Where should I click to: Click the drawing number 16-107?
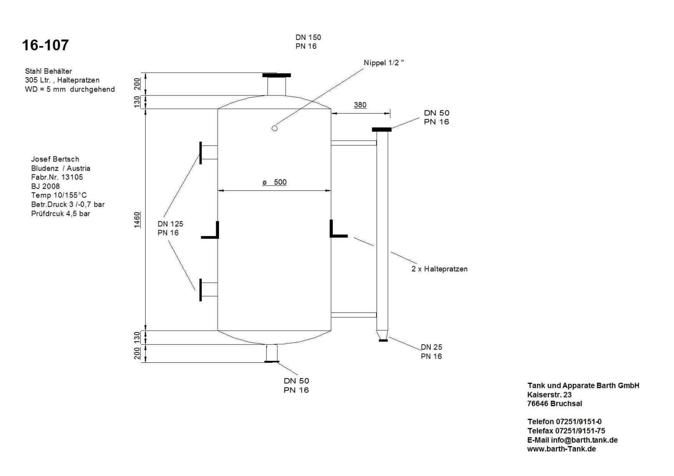[x=45, y=45]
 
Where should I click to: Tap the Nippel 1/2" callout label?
[x=384, y=63]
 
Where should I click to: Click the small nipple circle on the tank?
[x=275, y=128]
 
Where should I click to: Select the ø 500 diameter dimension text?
[x=275, y=182]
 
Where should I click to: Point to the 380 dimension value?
[x=360, y=105]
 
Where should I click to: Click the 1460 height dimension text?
[x=137, y=220]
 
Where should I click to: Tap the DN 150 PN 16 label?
[x=308, y=42]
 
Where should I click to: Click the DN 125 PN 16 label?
[x=170, y=228]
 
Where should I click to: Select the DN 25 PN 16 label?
[x=431, y=351]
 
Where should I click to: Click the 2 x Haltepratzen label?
[x=440, y=269]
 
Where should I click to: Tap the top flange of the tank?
[x=277, y=75]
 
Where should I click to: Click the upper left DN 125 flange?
[x=200, y=153]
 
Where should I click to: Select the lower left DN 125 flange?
[x=200, y=290]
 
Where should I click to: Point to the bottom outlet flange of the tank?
[x=272, y=361]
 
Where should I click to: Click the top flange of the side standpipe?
[x=382, y=129]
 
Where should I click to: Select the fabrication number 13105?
[x=72, y=177]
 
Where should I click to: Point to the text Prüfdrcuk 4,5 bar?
[x=61, y=214]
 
